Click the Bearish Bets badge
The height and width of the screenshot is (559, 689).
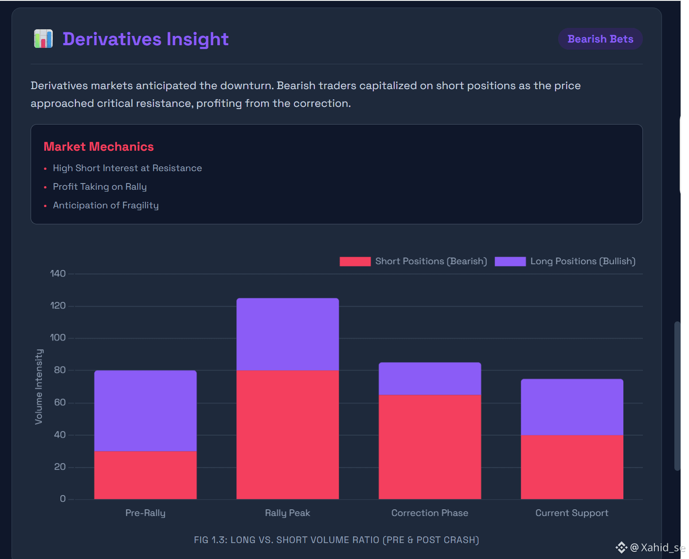click(600, 39)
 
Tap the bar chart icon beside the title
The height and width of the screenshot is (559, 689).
click(43, 39)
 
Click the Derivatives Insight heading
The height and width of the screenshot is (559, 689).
click(145, 39)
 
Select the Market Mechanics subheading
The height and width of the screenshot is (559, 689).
click(98, 147)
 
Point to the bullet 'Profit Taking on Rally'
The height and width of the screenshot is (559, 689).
click(100, 187)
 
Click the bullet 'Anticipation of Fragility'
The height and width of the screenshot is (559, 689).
click(106, 205)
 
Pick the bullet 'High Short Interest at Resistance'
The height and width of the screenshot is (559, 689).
click(127, 168)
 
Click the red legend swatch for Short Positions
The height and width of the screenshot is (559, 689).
click(355, 262)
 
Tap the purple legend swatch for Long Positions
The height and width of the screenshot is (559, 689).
click(510, 262)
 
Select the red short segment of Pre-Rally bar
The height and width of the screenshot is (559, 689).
click(145, 475)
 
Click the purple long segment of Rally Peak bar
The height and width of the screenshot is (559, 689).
click(288, 334)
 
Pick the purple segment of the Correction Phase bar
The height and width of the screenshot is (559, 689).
click(430, 379)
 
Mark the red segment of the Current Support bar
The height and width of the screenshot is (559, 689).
click(572, 467)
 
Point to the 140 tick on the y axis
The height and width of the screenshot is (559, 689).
click(58, 274)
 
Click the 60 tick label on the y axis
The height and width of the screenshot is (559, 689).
click(60, 403)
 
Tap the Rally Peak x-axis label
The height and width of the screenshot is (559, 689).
click(287, 513)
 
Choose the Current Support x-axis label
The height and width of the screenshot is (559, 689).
click(572, 513)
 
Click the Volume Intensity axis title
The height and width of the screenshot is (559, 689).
click(39, 387)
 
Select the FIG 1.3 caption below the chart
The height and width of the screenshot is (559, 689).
click(336, 540)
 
